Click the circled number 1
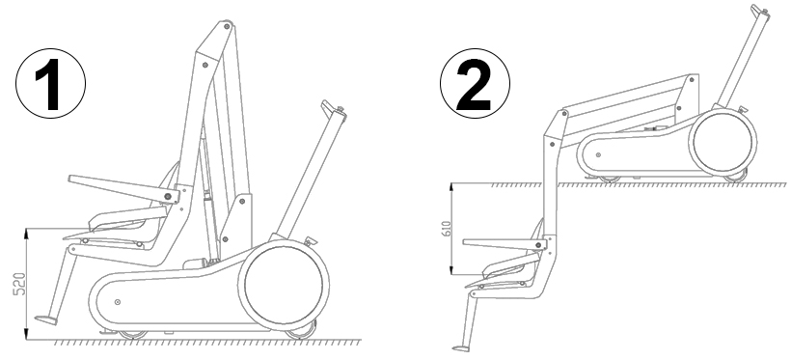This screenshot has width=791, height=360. (50, 84)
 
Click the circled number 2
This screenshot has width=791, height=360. (475, 84)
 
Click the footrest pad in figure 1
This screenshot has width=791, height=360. (46, 320)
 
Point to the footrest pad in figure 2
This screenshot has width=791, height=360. (460, 347)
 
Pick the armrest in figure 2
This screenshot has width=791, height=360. (505, 245)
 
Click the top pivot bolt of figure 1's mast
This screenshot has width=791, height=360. (227, 24)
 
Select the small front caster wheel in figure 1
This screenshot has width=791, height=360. (133, 334)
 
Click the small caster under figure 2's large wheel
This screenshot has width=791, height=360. (735, 178)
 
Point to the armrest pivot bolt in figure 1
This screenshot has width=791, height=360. (168, 194)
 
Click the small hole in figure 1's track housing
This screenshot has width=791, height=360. (118, 302)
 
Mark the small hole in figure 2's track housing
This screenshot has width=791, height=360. (598, 155)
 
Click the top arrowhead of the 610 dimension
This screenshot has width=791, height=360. (452, 186)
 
